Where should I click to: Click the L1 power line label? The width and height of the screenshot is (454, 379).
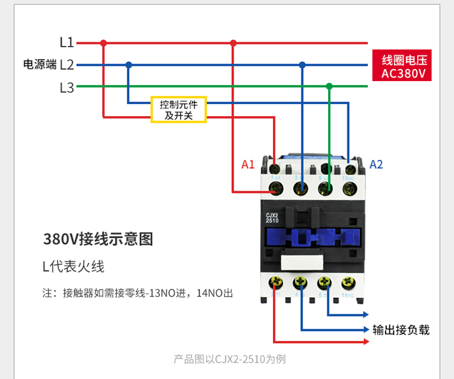coord(67,43)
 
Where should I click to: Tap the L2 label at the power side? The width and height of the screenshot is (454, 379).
coord(67,65)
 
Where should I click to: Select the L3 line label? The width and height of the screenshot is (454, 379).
coord(67,87)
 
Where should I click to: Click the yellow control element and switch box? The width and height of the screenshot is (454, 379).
coord(179,110)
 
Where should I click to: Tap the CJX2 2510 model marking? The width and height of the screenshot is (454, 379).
coord(272,218)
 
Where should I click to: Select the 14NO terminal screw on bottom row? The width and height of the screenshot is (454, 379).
coord(348,282)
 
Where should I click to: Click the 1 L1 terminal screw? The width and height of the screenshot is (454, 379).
coord(277,188)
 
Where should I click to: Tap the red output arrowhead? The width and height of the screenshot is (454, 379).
coord(366,341)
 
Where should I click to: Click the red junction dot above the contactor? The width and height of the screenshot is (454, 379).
coord(234,43)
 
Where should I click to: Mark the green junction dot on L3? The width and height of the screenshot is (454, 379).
coord(329,87)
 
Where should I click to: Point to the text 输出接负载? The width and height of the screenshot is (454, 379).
coord(401,330)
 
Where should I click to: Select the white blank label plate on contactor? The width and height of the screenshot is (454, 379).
coord(301,262)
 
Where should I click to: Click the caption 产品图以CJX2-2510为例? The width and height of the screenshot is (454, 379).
coord(229,359)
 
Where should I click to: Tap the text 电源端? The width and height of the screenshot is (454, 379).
coord(39,65)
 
